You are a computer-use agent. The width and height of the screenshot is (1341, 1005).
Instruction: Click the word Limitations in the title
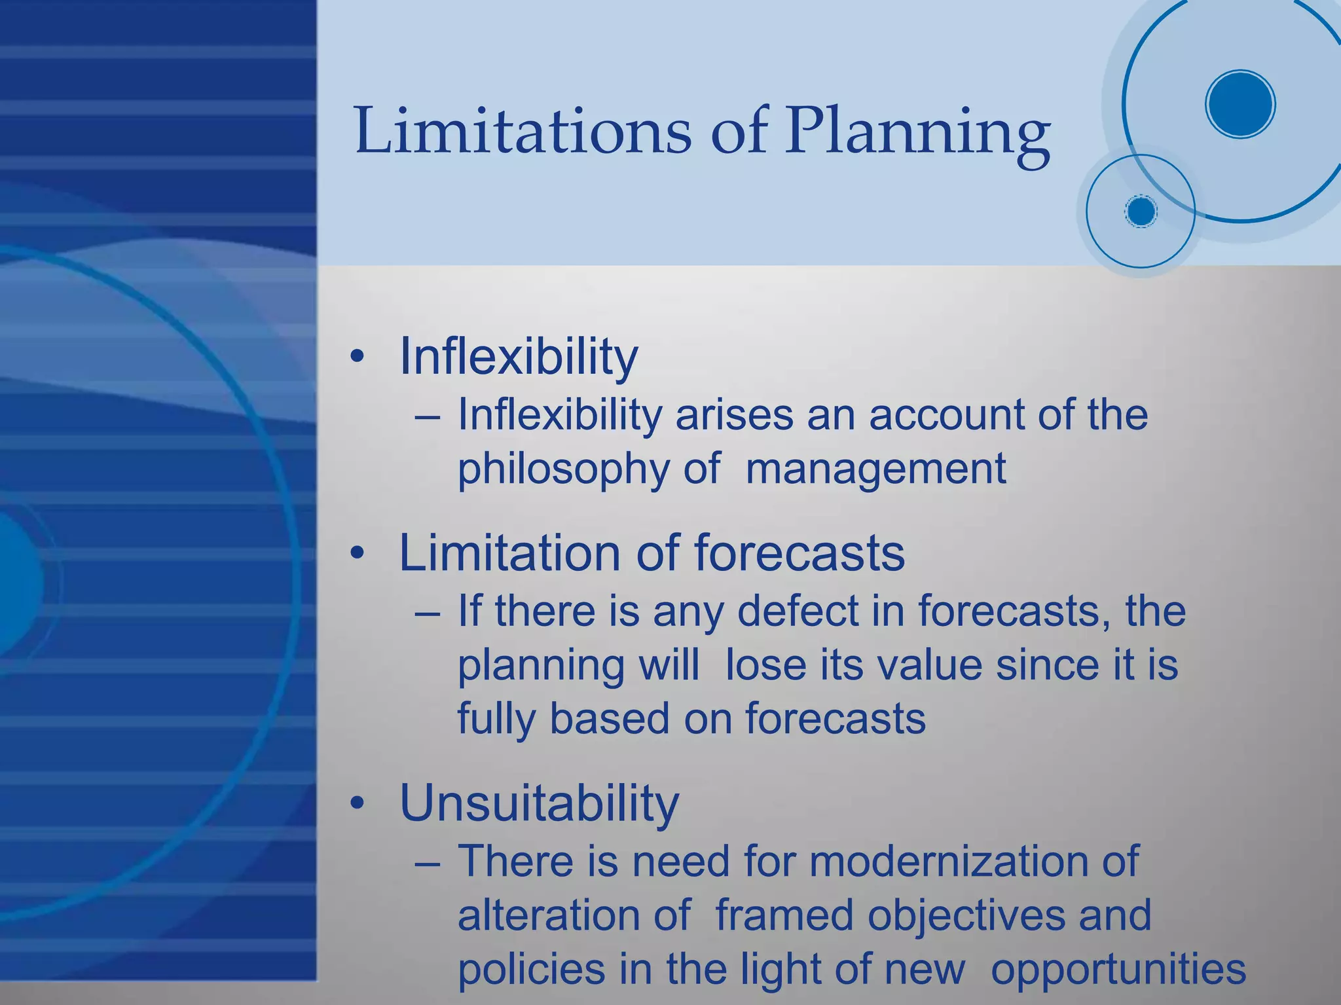[522, 131]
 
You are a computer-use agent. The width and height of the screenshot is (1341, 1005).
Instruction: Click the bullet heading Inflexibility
[518, 357]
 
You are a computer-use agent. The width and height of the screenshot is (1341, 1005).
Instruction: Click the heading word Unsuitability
[539, 803]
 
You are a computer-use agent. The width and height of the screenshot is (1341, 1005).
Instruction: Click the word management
[875, 469]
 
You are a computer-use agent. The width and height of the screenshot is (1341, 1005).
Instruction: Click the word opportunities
[1118, 970]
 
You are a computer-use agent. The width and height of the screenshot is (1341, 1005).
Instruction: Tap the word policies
[531, 970]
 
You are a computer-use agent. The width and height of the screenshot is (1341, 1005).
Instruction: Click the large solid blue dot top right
[1240, 104]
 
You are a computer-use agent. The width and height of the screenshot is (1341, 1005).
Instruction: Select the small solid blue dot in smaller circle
[1141, 211]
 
